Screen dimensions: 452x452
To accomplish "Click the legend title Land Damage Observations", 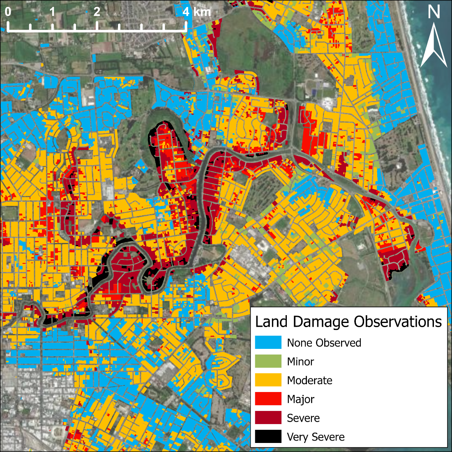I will coord(348,321).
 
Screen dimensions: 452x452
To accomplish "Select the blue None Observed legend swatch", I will coord(268,343).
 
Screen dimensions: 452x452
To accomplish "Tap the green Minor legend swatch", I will coord(268,362).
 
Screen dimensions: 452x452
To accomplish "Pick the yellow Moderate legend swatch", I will coord(268,380).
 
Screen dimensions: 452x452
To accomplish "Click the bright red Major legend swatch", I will coord(268,399).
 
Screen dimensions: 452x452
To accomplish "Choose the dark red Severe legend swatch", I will coord(268,418).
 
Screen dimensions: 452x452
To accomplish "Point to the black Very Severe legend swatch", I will coord(268,436).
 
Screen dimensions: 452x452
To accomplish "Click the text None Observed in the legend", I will coord(324,343).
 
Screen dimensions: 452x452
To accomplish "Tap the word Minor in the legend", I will coord(300,362).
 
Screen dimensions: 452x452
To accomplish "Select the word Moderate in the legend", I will coord(309,381).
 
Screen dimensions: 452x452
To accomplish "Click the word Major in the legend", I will coord(300,399).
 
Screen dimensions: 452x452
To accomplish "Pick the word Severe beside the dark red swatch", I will coord(303,418).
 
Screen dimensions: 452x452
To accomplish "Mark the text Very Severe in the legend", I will coord(316,437).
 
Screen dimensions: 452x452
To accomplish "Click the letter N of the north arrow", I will coord(434,12).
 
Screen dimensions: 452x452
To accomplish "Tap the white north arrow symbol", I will coord(434,45).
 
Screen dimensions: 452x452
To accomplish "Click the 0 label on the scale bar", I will coord(8,12).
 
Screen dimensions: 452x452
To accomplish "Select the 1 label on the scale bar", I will coord(53,12).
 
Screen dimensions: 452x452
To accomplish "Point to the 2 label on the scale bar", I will coord(97,12).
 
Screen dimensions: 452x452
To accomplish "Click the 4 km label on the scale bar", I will coord(196,12).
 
